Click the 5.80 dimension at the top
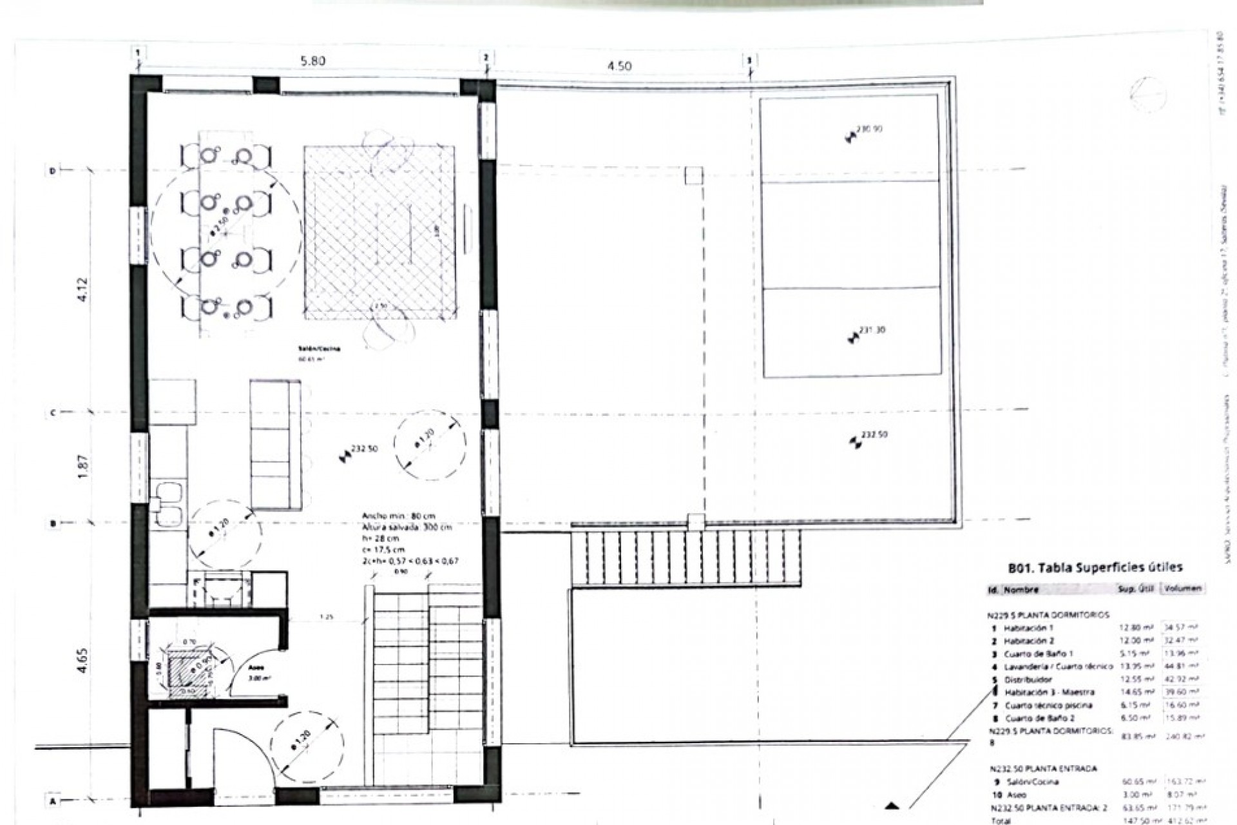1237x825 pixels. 313,62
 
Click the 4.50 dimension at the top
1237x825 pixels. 620,66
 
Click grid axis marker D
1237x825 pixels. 53,171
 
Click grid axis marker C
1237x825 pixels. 53,412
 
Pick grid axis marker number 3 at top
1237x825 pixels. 749,61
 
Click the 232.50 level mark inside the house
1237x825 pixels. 364,450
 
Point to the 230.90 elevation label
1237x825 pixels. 869,129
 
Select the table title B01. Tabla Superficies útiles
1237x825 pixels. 1095,568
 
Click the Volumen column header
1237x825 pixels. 1181,588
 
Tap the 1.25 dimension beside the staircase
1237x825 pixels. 327,617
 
